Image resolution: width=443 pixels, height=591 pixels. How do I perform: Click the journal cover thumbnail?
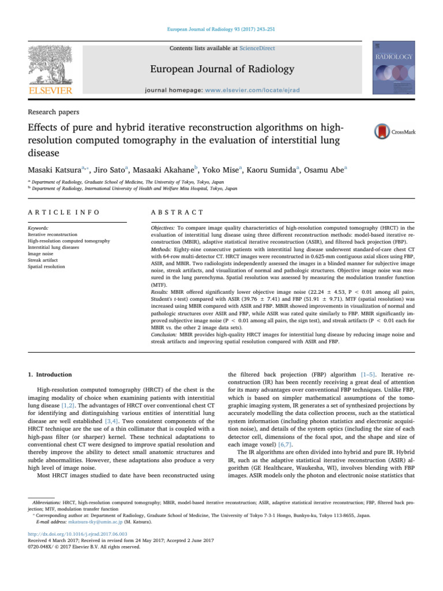395,68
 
